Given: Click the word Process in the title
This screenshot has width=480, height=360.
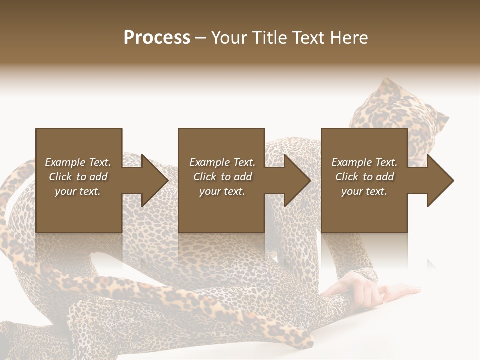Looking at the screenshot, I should tap(157, 38).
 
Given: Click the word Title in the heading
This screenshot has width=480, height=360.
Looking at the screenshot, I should tap(269, 38).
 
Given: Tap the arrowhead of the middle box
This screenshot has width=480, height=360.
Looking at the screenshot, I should tap(300, 180).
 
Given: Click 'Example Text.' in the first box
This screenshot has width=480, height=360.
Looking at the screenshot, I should tap(78, 162).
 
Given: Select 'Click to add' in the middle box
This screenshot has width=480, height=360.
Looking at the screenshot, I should tap(222, 177).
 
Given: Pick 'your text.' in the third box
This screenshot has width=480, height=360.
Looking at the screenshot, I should tap(364, 191).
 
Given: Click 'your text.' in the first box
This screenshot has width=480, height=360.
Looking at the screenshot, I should tap(78, 191).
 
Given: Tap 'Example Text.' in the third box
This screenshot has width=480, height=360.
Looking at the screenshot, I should tap(364, 162).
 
